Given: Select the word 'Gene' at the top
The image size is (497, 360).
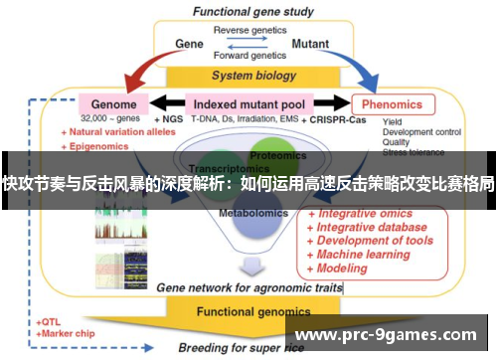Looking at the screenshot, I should [189, 45].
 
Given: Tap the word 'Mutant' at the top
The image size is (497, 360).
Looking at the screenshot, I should [311, 45].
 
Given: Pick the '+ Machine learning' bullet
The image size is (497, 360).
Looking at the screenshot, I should [364, 255].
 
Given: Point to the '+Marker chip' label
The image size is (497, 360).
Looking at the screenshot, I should [67, 335].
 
